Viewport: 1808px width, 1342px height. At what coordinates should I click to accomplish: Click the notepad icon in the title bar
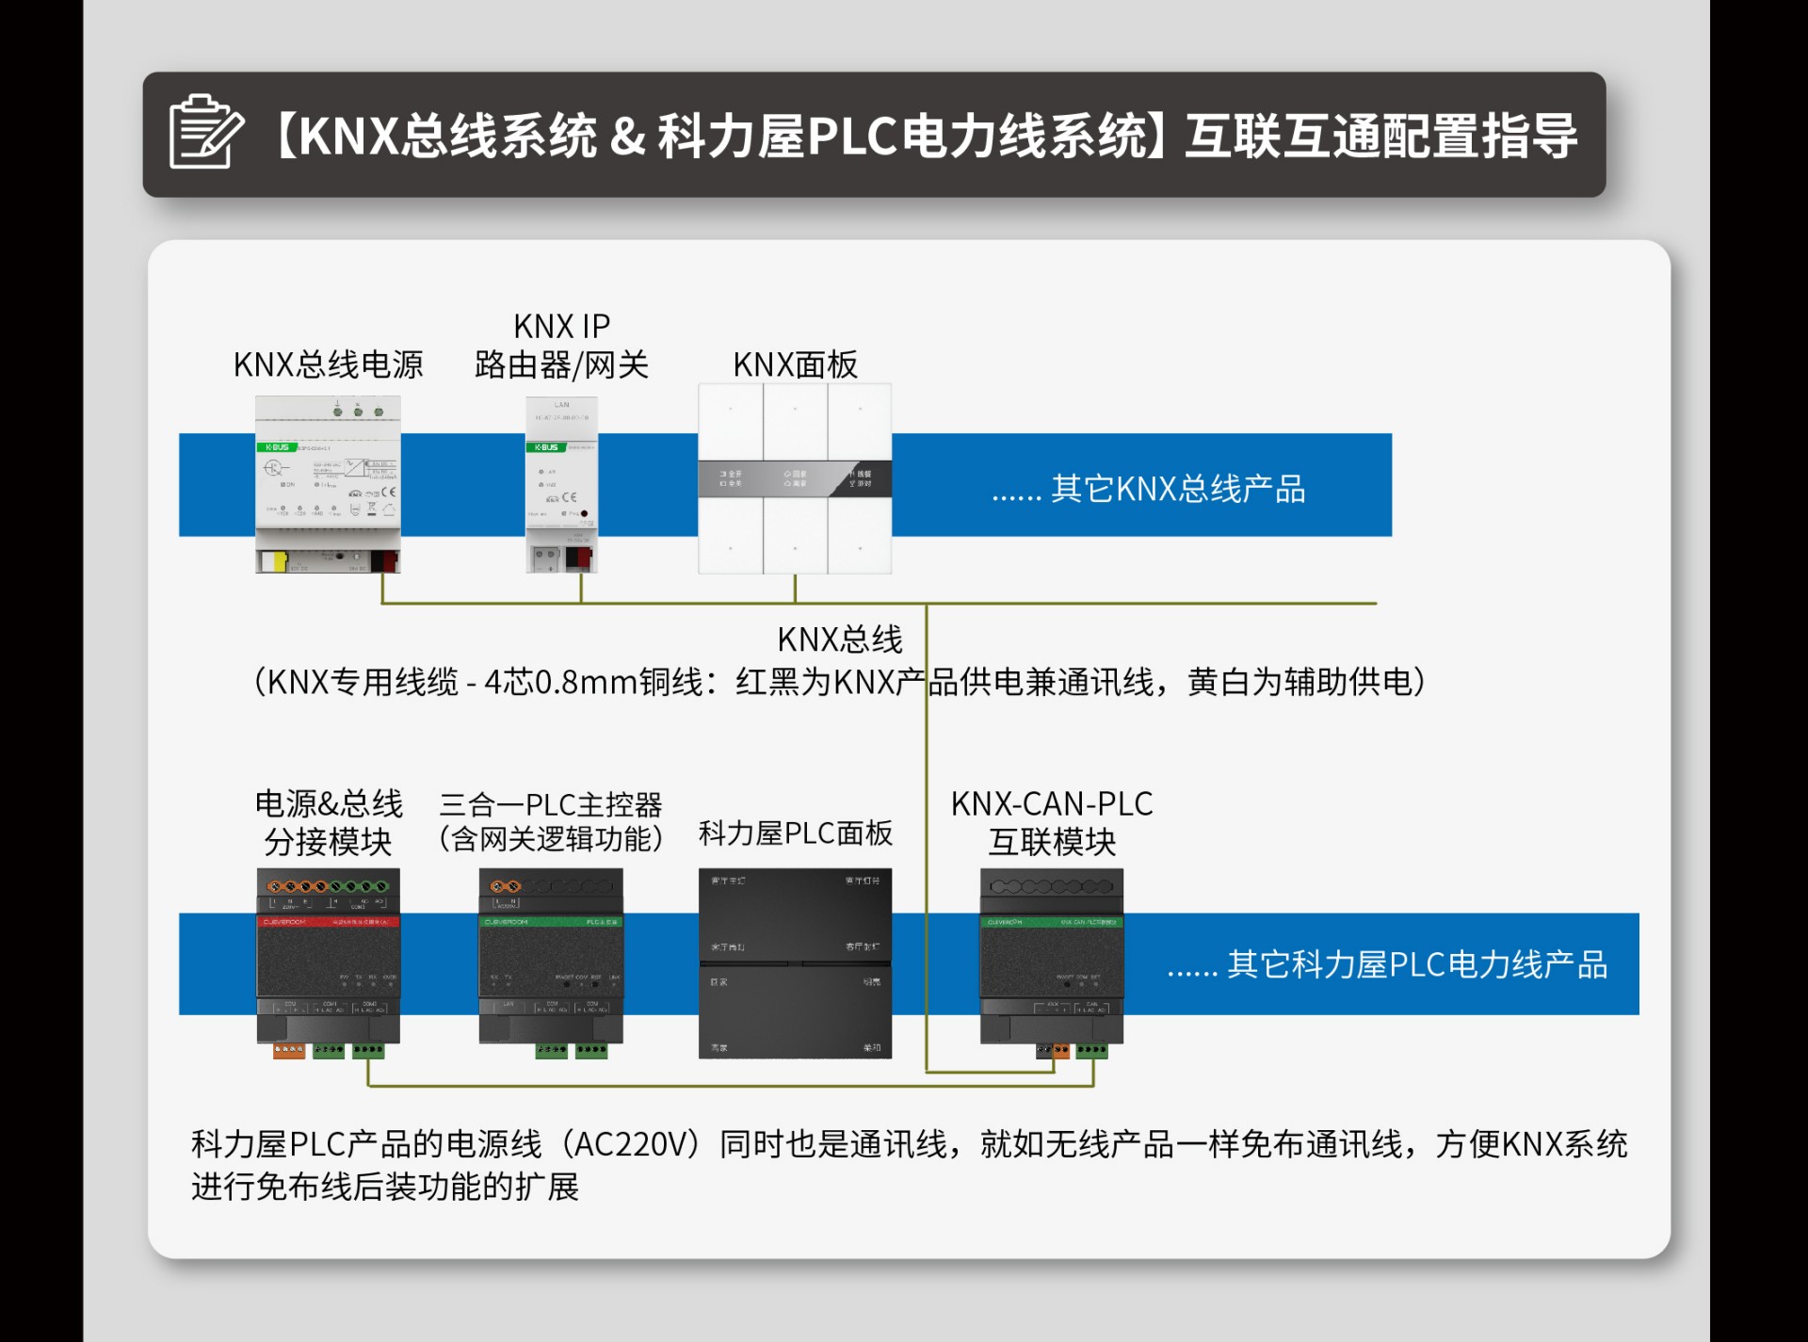205,133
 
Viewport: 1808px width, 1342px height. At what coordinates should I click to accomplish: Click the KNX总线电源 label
328,364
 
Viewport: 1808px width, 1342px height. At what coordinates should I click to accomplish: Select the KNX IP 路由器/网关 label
561,346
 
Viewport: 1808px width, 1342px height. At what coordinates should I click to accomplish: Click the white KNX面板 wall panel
795,478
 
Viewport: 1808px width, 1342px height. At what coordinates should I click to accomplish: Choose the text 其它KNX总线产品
1149,489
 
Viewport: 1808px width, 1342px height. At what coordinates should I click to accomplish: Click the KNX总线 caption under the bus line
839,639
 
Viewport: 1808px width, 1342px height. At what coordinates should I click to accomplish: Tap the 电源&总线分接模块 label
328,822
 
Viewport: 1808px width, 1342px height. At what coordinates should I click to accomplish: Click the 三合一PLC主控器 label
551,805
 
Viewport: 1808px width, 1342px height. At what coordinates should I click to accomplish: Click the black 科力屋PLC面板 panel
795,962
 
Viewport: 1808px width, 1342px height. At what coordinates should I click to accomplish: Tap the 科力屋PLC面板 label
795,833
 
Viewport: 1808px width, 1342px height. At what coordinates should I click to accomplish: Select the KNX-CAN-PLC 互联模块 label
1052,822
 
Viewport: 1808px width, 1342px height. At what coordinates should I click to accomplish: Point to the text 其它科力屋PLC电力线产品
1387,964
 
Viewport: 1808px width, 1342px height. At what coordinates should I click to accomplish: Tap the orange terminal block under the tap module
288,1050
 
